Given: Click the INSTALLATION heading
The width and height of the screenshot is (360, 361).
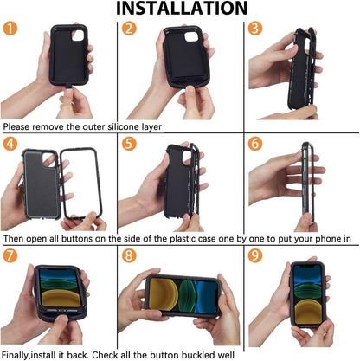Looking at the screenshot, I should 180,9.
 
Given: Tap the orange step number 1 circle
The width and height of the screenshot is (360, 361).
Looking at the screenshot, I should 10,29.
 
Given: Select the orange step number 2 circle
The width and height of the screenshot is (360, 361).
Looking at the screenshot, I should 129,29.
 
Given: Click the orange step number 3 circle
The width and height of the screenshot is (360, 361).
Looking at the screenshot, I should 255,29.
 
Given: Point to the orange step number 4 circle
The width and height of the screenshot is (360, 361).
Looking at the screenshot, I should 10,144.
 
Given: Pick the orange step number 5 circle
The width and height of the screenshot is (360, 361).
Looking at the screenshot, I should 129,144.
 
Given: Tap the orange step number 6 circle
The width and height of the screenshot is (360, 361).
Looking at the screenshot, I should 255,144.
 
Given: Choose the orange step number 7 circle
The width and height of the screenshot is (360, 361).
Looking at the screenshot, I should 10,257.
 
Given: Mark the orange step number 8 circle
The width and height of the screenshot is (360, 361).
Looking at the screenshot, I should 129,257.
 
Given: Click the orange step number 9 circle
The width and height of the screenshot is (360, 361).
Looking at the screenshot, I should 255,257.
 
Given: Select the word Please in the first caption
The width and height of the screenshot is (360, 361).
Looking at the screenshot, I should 19,126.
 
